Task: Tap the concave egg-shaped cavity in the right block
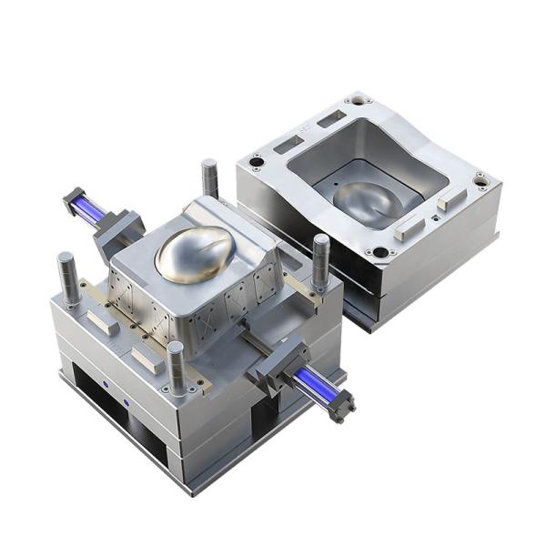[369, 201]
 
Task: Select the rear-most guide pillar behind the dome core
[210, 178]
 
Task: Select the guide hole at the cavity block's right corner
[480, 181]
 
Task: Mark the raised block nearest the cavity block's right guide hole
[451, 199]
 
